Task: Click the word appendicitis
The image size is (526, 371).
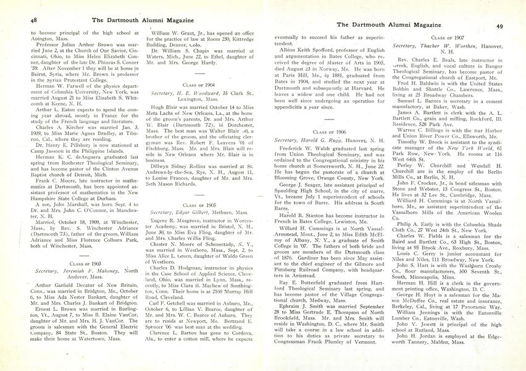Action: coord(294,106)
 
